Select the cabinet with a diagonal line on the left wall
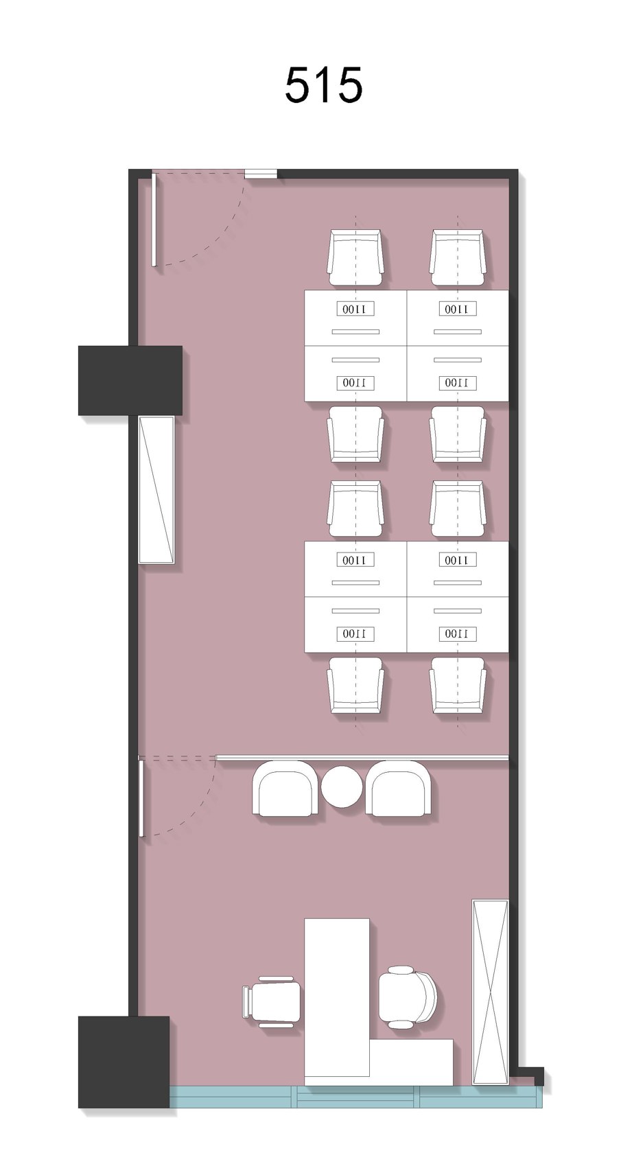[x=156, y=489]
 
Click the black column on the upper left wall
[x=130, y=380]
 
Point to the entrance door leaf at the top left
[x=153, y=220]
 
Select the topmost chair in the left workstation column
[x=355, y=257]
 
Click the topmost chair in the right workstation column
[x=458, y=257]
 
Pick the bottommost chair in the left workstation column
[x=355, y=685]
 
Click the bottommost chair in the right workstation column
[x=458, y=685]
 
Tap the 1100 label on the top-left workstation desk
[x=355, y=309]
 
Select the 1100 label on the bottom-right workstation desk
[x=458, y=633]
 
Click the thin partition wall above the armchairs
[x=362, y=757]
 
